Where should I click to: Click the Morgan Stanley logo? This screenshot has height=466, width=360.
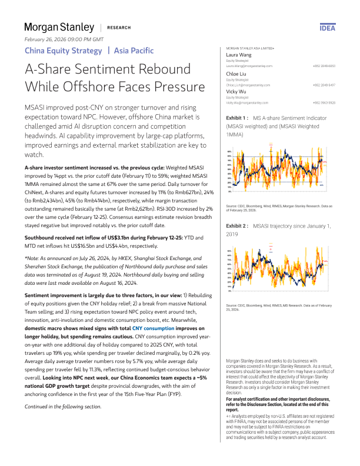[x=59, y=27]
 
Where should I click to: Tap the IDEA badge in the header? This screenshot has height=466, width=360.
[x=327, y=28]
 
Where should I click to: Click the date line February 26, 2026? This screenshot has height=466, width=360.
[x=64, y=39]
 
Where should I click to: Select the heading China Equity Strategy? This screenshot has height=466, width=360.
[x=63, y=51]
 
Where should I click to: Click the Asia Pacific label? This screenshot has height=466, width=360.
[x=134, y=51]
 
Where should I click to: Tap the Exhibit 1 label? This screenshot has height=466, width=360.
[x=237, y=118]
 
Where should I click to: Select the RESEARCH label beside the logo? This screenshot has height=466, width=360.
[x=119, y=28]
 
